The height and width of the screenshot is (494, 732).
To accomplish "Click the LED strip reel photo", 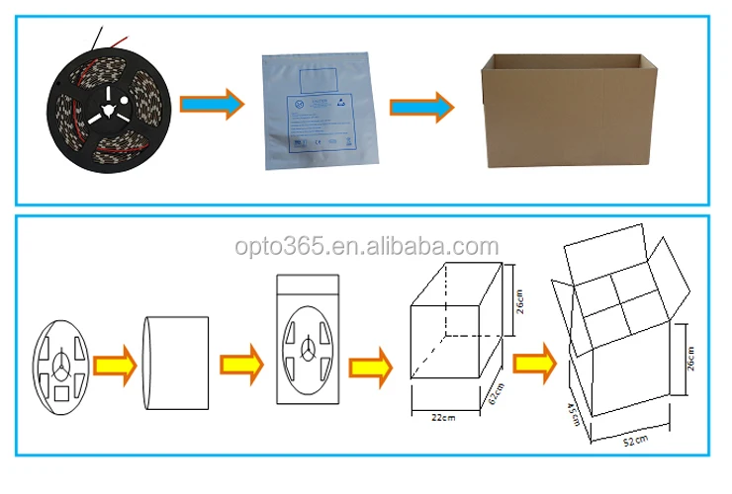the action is (x=111, y=107).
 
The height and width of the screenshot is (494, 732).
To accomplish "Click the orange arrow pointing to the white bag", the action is (x=219, y=104).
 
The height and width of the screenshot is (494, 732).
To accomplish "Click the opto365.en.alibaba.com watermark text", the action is (x=366, y=246).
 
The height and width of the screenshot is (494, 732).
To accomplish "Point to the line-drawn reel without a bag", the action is (x=61, y=363).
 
